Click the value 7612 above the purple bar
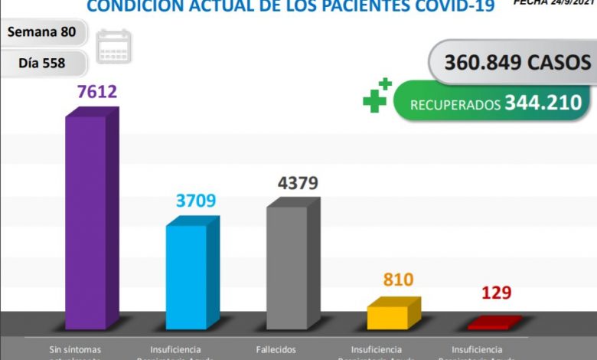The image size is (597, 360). (x=96, y=93)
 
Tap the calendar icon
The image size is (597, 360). (x=114, y=47)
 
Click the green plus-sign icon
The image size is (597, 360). (x=377, y=95)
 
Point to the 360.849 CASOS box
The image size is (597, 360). (x=511, y=62)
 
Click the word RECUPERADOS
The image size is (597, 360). (x=454, y=104)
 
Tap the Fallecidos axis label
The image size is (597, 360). (x=276, y=349)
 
